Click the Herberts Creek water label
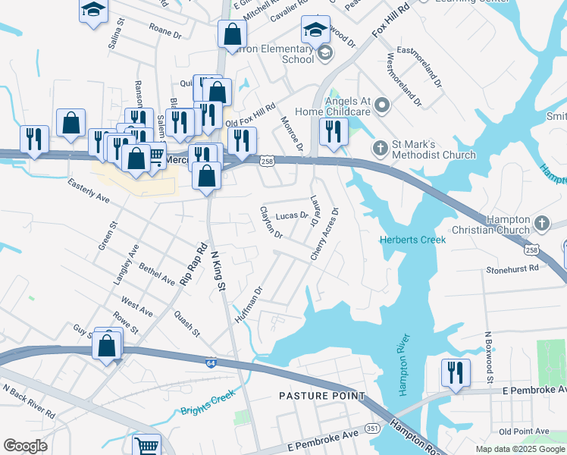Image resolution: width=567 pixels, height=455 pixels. pyautogui.click(x=412, y=240)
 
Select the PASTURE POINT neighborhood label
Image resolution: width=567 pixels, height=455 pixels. pyautogui.click(x=321, y=396)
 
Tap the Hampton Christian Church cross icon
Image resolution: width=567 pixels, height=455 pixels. pyautogui.click(x=541, y=223)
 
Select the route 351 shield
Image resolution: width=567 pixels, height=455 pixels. pyautogui.click(x=372, y=428)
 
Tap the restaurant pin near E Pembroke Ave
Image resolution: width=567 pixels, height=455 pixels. pyautogui.click(x=455, y=372)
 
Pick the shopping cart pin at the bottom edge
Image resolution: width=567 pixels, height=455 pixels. pyautogui.click(x=146, y=445)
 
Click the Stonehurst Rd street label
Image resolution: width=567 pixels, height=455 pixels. pyautogui.click(x=512, y=268)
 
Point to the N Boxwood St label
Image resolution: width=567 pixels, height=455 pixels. pyautogui.click(x=490, y=357)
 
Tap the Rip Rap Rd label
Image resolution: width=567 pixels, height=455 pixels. pyautogui.click(x=193, y=264)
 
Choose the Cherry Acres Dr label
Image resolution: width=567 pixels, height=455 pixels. pyautogui.click(x=324, y=234)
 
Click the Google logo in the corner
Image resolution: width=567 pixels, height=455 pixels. pyautogui.click(x=25, y=446)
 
